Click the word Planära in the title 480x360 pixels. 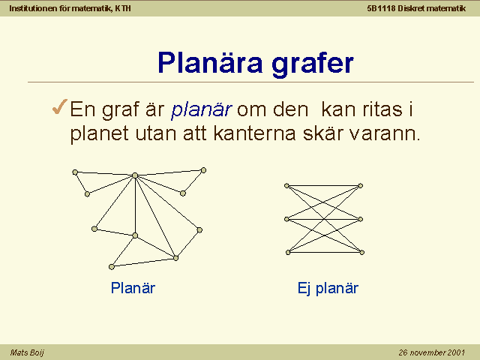tap(210, 63)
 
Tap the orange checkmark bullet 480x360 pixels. tap(60, 107)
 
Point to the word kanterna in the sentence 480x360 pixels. tap(255, 133)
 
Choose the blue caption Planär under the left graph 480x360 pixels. tap(133, 288)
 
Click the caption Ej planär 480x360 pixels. tap(328, 288)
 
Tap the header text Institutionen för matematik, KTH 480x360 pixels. tap(70, 8)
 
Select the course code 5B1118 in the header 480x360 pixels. tap(381, 8)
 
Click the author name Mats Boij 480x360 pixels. tap(27, 352)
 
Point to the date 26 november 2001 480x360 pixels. tap(432, 352)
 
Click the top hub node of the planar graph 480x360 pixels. tap(135, 175)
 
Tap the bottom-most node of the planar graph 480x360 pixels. tap(112, 267)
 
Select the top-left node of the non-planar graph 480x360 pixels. tap(286, 185)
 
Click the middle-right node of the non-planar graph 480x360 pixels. tap(360, 219)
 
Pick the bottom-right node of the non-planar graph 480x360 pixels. tap(361, 253)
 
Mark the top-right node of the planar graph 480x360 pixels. tap(203, 170)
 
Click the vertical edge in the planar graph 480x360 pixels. tap(135, 205)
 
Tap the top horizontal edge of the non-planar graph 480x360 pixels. tap(323, 185)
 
